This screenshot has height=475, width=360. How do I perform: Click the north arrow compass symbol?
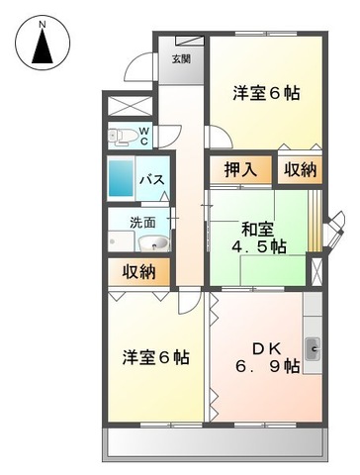[x=41, y=47]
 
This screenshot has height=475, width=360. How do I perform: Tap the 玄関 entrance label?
[x=182, y=58]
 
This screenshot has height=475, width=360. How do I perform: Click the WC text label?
[x=143, y=135]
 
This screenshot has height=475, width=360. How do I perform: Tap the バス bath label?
[x=150, y=180]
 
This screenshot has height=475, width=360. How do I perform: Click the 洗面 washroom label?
[x=143, y=222]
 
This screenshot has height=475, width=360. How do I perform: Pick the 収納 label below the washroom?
[x=137, y=271]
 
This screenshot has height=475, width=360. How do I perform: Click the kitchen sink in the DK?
[x=313, y=346]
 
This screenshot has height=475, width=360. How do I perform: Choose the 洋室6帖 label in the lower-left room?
[x=156, y=356]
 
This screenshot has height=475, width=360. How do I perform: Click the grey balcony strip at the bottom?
[x=216, y=444]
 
